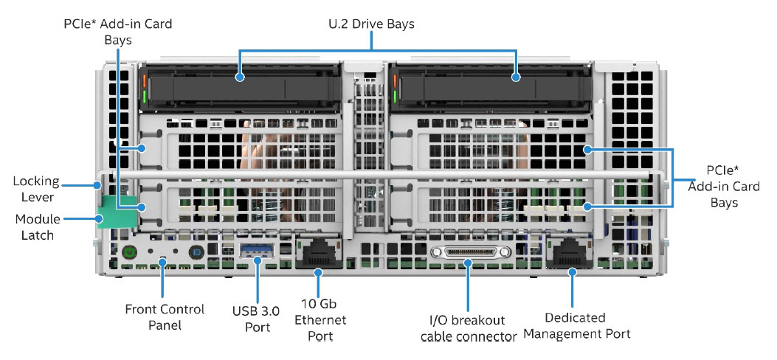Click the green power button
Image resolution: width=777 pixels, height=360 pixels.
[129, 252]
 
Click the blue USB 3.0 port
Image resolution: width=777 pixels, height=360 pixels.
[257, 251]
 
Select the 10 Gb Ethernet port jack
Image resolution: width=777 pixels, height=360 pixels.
[318, 253]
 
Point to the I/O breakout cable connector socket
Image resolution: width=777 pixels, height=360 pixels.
[470, 252]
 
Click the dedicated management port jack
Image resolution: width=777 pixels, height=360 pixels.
[570, 253]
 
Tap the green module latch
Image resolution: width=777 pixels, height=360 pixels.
[117, 212]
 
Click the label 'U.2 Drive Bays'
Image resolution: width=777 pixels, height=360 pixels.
[372, 24]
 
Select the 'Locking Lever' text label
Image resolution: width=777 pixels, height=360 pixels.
[36, 189]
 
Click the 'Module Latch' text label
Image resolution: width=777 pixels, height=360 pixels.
[37, 226]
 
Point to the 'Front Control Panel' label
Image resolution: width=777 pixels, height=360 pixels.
[165, 317]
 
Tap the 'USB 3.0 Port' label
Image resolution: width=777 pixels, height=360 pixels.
[256, 319]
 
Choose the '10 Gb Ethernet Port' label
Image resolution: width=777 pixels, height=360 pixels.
[320, 319]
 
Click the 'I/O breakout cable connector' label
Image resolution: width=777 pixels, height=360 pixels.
[469, 328]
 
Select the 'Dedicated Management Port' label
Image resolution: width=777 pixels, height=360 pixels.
[577, 325]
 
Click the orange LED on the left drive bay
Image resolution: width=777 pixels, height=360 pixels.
[145, 80]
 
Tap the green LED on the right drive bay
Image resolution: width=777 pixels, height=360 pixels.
[395, 96]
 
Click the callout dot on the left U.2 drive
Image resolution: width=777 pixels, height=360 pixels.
[241, 77]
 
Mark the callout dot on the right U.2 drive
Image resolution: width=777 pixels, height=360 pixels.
[516, 77]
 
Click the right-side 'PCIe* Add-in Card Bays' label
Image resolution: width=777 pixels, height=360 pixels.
[724, 186]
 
